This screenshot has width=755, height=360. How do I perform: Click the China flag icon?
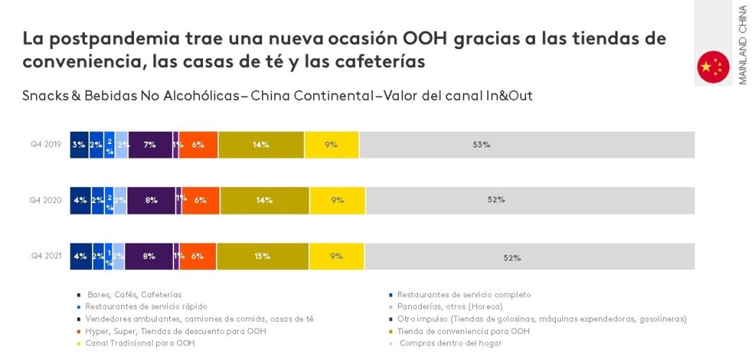[713, 67]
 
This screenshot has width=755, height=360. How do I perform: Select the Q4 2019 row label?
[45, 144]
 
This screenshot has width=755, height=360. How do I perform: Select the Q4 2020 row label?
[45, 200]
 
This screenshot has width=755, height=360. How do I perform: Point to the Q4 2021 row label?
[45, 256]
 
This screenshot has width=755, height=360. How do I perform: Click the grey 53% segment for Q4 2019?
[527, 145]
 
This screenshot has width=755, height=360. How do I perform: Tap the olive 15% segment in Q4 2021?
[262, 256]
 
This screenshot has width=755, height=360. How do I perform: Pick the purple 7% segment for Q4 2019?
[150, 145]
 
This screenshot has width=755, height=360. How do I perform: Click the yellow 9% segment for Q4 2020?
[337, 200]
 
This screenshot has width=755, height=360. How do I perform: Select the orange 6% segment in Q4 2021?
[197, 256]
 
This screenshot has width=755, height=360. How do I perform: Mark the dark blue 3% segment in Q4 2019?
[79, 145]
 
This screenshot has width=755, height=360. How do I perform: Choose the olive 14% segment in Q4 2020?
[264, 200]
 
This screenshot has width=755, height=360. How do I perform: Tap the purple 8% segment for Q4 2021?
[149, 256]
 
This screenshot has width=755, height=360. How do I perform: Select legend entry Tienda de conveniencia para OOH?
[463, 330]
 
